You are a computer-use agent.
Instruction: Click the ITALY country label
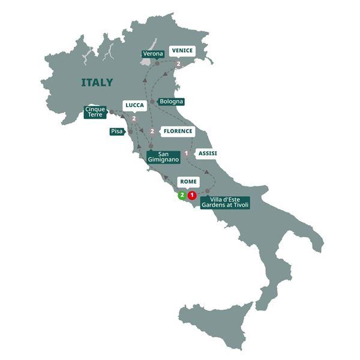point(97,82)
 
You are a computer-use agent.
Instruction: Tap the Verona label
point(152,54)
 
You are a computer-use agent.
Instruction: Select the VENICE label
point(181,50)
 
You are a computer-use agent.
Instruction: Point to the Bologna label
point(171,101)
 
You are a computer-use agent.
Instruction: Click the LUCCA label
point(134,105)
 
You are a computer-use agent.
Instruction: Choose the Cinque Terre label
point(95,112)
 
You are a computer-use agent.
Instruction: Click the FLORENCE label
point(178,131)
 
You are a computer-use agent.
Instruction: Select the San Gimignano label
point(163,158)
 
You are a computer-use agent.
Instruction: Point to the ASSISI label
point(207,153)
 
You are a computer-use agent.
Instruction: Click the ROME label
point(188,181)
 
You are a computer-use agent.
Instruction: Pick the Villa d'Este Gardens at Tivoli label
point(224,202)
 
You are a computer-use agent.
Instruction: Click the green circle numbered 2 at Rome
point(181,195)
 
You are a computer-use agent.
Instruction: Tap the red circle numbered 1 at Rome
point(191,195)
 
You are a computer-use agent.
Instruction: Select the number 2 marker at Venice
point(179,64)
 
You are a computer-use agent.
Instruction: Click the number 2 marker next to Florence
point(152,131)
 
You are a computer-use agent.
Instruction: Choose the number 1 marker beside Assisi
point(187,154)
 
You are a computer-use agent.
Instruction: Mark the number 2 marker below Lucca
point(134,119)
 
